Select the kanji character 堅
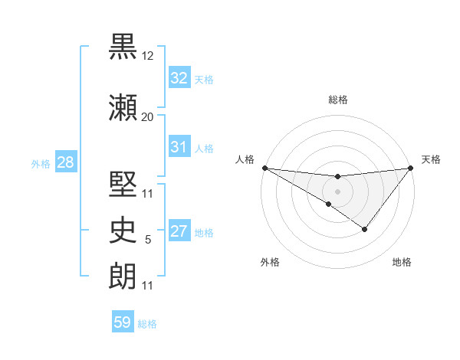click(124, 178)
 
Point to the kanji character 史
click(124, 228)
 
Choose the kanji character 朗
click(124, 276)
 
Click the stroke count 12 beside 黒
click(148, 57)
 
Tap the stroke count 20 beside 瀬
click(148, 116)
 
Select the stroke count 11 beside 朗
click(148, 286)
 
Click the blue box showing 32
click(179, 78)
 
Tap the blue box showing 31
click(179, 147)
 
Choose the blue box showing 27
click(179, 231)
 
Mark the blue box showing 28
click(65, 162)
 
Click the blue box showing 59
click(122, 322)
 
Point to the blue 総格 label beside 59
click(147, 324)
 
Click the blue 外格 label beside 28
click(41, 164)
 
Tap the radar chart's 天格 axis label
click(432, 159)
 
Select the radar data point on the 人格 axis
click(264, 168)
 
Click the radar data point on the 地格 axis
click(365, 229)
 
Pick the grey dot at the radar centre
click(337, 190)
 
